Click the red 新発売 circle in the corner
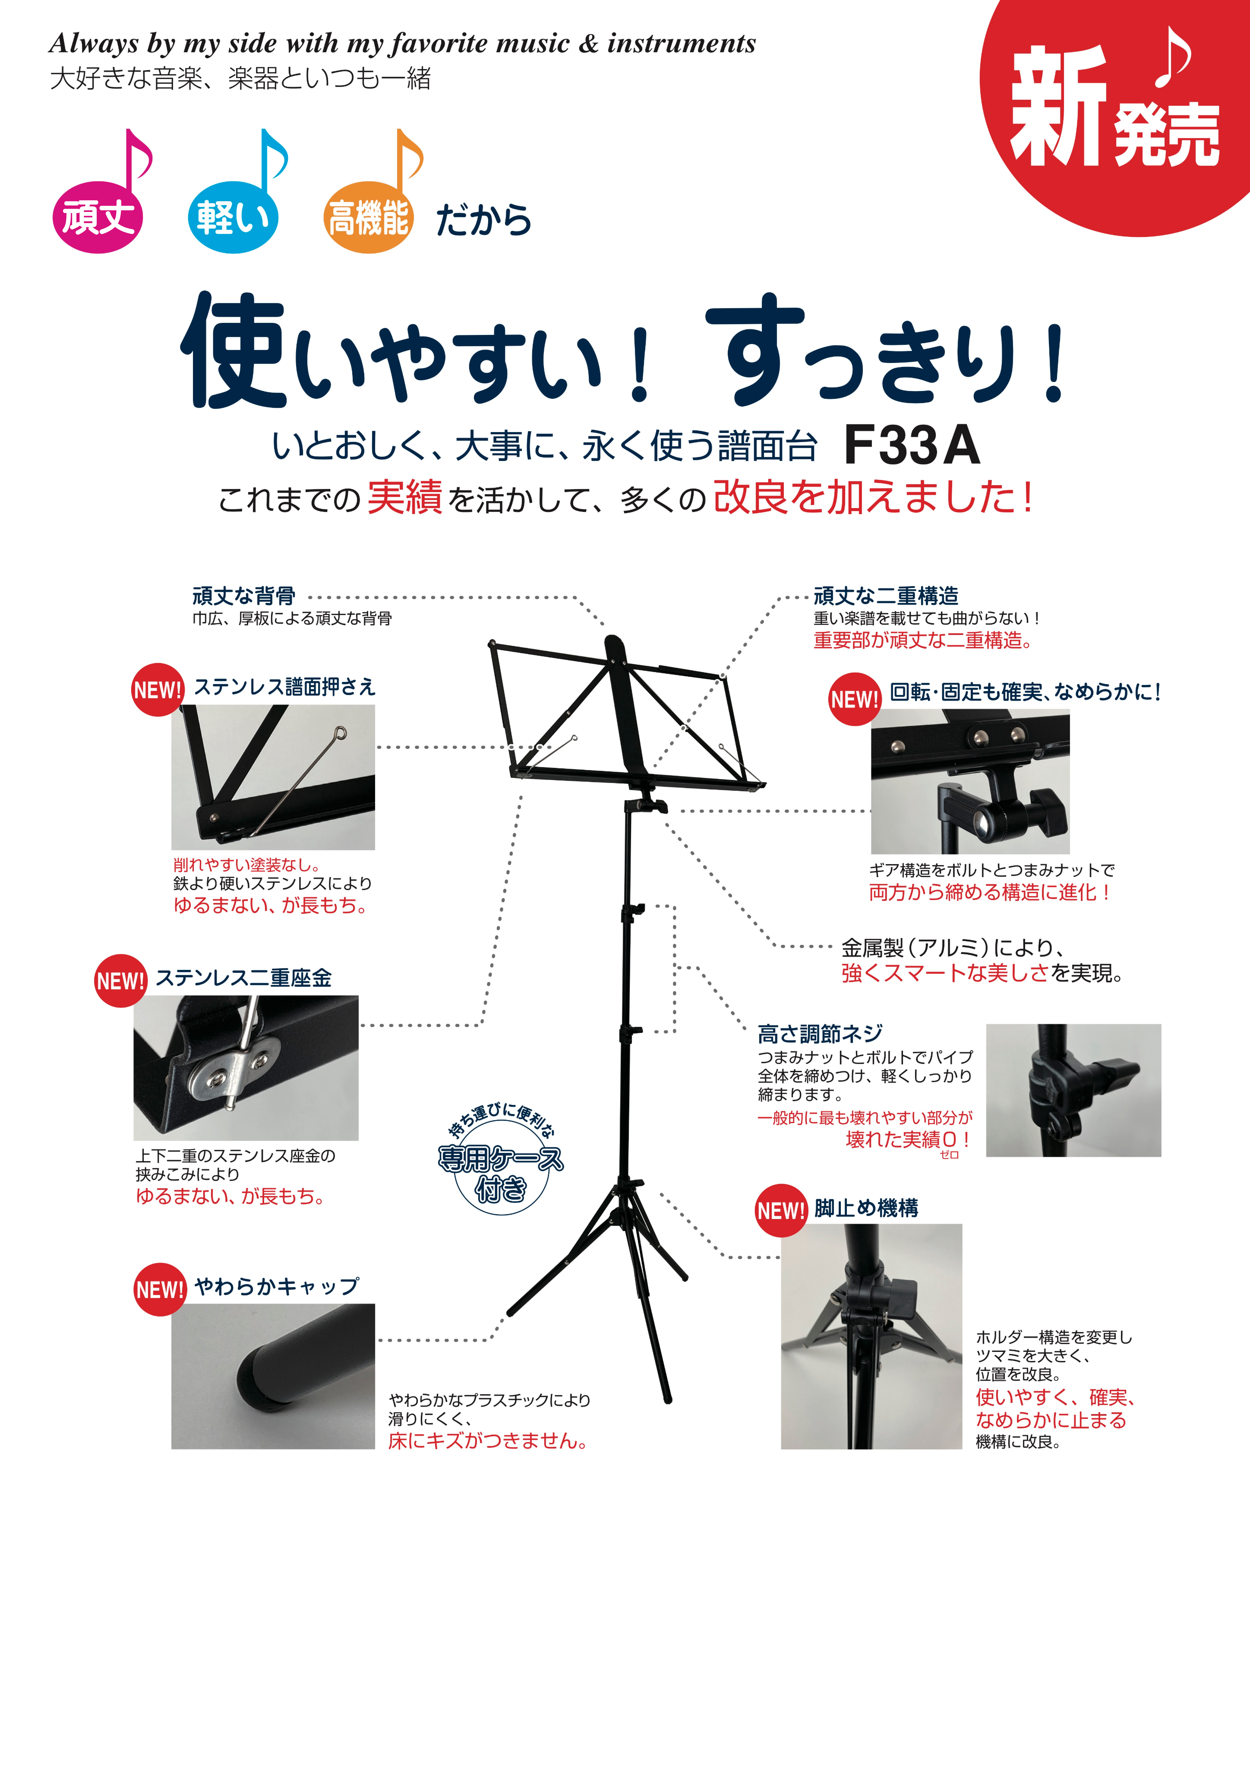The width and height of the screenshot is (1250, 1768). tap(1117, 108)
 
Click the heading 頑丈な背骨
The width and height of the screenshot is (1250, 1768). tap(243, 595)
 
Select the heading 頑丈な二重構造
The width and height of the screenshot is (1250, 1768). tap(886, 595)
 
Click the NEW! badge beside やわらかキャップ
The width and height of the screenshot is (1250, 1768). tap(159, 1289)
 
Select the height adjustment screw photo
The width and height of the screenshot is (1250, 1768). tap(1073, 1090)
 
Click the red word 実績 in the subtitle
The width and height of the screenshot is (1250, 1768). tap(404, 497)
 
